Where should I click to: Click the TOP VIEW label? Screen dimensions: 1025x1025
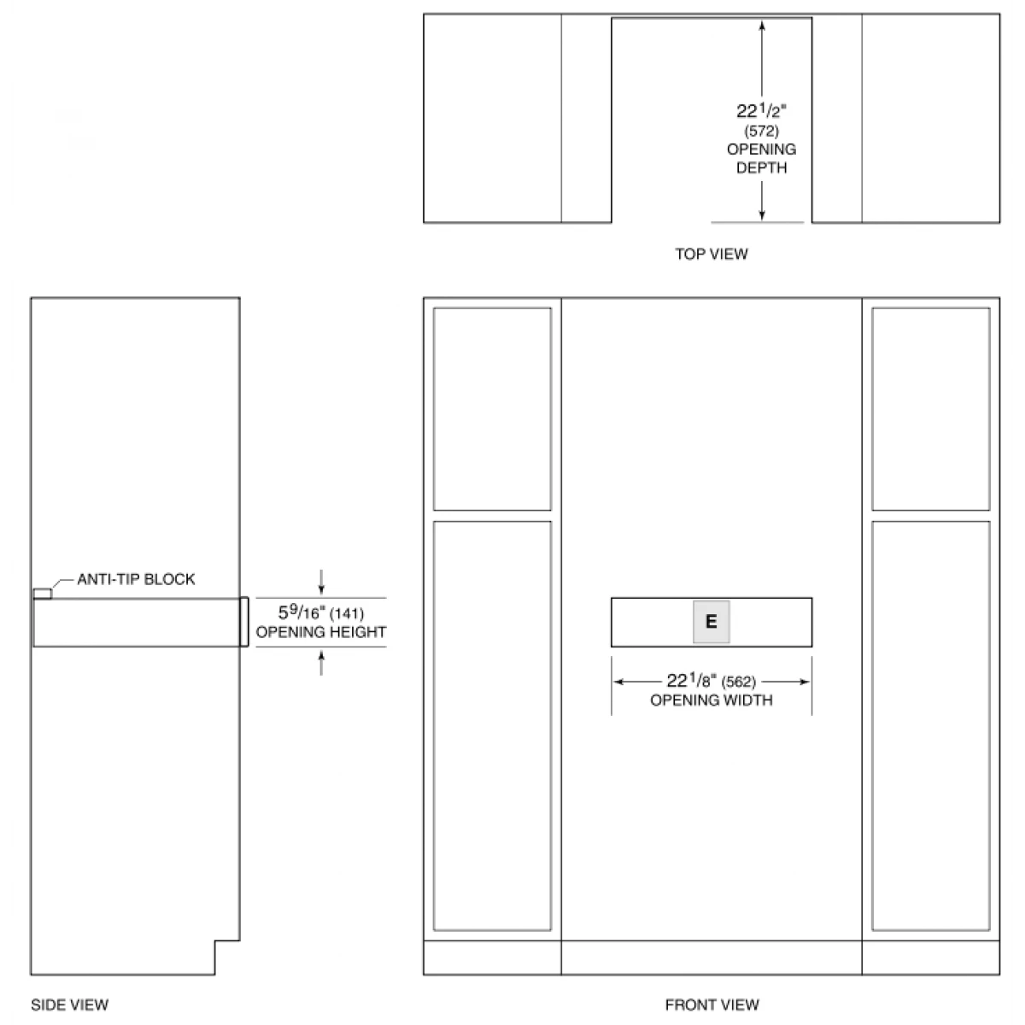coord(712,254)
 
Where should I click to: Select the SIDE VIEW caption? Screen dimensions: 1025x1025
coord(70,1004)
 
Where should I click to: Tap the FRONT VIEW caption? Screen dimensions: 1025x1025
coord(712,1004)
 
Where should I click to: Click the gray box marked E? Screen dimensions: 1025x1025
coord(712,622)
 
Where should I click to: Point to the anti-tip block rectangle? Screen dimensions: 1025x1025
coord(43,594)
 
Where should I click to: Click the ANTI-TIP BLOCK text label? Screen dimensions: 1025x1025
coord(136,579)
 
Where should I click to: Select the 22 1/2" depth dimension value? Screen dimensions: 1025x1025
coord(761,111)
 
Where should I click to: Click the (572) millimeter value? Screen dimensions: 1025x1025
coord(761,131)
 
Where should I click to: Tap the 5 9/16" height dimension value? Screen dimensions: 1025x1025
coord(301,612)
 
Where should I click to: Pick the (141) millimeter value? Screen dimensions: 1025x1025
coord(347,614)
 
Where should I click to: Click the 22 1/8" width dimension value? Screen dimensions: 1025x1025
coord(692,680)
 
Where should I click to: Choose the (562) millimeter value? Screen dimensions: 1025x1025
coord(738,682)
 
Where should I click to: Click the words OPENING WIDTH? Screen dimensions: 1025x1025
coord(712,700)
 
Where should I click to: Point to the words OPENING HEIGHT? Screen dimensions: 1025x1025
coord(321,632)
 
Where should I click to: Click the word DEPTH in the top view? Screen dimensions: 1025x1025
coord(761,168)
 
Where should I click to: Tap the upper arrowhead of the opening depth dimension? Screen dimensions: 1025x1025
coord(762,25)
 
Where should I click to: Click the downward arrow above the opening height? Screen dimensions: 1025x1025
coord(321,582)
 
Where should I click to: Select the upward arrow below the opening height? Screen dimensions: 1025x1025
coord(321,664)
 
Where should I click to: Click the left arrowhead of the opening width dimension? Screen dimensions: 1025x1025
coord(618,682)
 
